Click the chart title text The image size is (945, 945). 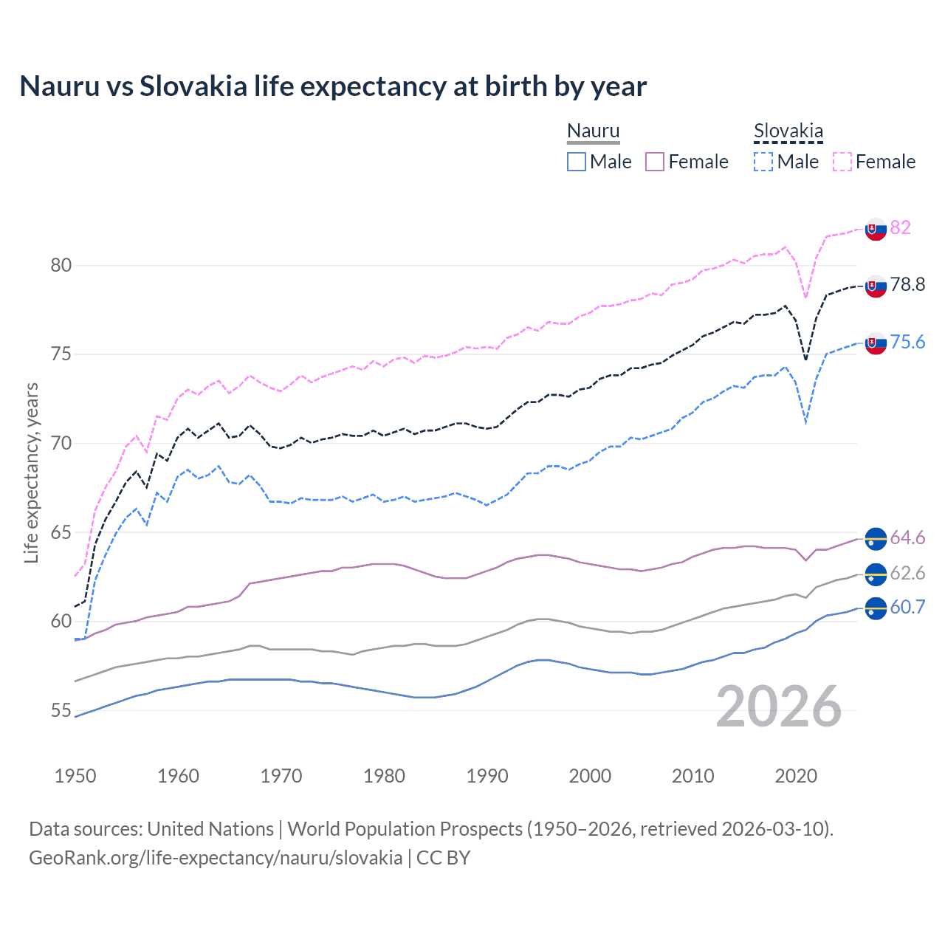pos(333,86)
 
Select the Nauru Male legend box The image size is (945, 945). pos(577,162)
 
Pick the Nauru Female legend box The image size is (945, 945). pos(655,162)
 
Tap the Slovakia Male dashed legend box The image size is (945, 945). pos(763,162)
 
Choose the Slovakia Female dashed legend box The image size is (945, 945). pos(842,162)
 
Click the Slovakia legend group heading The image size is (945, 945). pos(788,131)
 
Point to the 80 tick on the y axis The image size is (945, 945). pos(61,265)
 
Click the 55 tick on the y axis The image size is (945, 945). pos(61,710)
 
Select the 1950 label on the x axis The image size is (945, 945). pos(75,776)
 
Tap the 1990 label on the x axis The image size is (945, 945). pos(487,776)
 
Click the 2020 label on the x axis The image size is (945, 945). pos(796,776)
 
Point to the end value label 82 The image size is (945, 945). pos(900,227)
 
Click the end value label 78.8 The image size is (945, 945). pos(907,285)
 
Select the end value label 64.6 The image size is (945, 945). pos(907,537)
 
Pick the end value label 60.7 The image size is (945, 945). pos(907,607)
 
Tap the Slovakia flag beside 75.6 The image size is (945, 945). pos(876,343)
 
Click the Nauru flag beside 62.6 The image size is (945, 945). pos(876,574)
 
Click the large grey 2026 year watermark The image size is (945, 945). pos(778,707)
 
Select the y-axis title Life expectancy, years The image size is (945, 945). pos(31,472)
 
